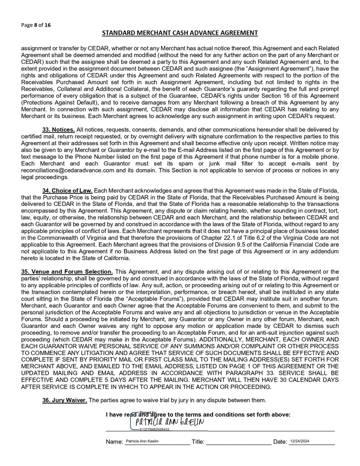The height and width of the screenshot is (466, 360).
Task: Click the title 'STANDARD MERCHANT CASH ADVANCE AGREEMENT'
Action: [x=180, y=33]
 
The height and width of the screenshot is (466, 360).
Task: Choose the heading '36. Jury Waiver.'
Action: [x=65, y=400]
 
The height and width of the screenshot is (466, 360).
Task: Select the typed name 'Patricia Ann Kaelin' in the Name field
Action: [x=142, y=442]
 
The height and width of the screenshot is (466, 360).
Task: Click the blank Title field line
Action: [x=239, y=442]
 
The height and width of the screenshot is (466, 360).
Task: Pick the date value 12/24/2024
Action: [x=299, y=442]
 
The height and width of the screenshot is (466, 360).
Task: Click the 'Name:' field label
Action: [x=114, y=442]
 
